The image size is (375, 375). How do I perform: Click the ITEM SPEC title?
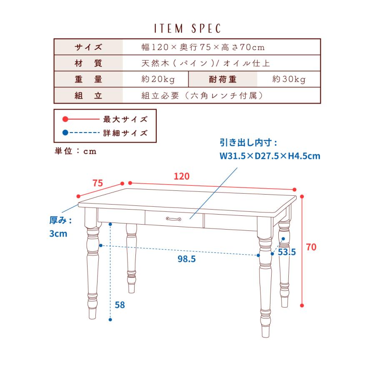[x=187, y=28]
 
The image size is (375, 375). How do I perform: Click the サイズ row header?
[x=88, y=47]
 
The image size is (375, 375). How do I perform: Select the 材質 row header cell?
[x=88, y=63]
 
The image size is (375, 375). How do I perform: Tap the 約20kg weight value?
[x=158, y=79]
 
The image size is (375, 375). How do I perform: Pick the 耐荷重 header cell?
[x=223, y=79]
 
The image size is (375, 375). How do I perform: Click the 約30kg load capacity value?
[x=289, y=79]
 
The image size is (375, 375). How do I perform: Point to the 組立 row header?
[x=88, y=95]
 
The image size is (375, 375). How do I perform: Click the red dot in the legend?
[x=65, y=119]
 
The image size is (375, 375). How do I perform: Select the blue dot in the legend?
[x=65, y=132]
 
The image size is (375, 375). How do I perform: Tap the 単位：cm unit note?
[x=75, y=151]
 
